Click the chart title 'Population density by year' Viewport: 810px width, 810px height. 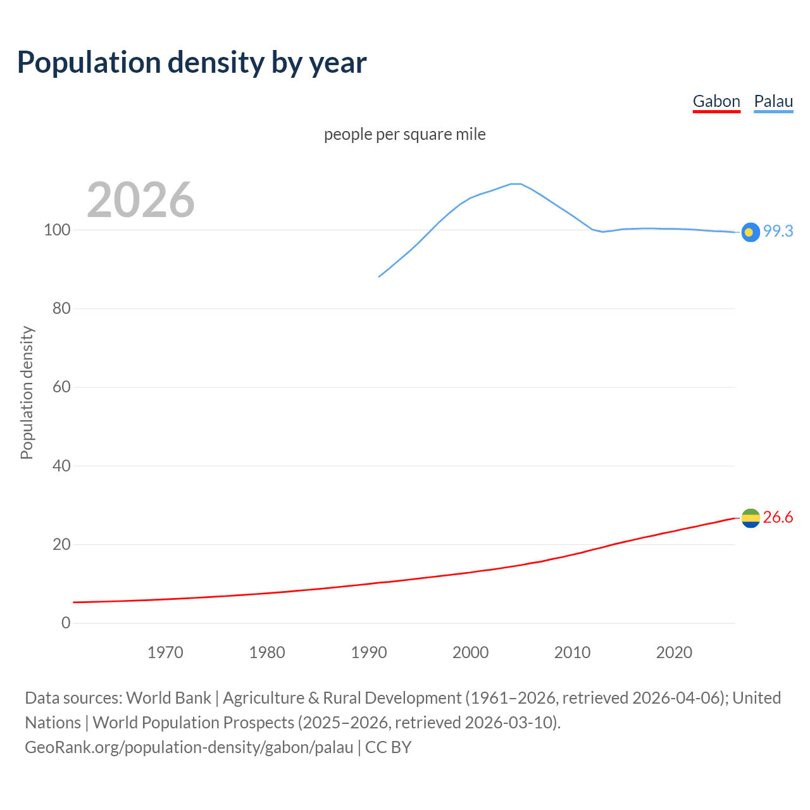click(192, 63)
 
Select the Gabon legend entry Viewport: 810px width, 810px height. click(716, 101)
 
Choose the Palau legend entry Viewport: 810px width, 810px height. click(773, 101)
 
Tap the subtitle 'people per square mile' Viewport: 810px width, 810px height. click(404, 134)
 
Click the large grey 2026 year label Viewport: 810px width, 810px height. click(140, 200)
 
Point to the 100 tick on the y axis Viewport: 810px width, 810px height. click(57, 230)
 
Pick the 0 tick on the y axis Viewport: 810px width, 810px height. click(66, 623)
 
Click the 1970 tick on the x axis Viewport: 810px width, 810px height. click(165, 652)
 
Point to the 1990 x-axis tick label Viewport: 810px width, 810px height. click(369, 652)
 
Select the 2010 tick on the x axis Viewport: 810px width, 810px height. click(572, 652)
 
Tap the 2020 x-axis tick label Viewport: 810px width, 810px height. click(674, 652)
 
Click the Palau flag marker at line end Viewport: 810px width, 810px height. click(750, 232)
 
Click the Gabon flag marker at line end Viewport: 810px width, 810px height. click(750, 518)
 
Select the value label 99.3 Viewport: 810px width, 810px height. click(778, 232)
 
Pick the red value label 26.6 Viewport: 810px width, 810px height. click(778, 518)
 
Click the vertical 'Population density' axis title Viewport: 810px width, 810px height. click(27, 392)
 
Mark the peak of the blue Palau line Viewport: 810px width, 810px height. click(516, 184)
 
